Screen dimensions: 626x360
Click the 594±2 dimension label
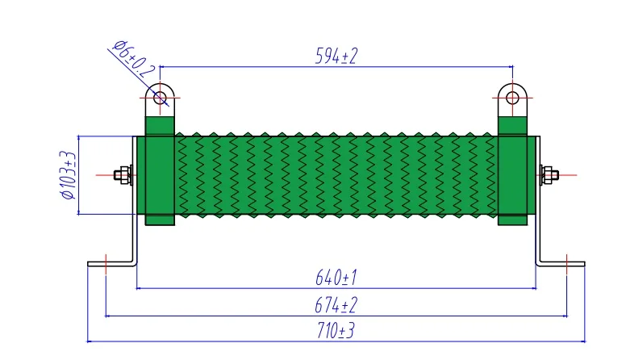336,56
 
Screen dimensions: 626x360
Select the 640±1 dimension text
336,278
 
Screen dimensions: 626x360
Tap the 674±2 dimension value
336,305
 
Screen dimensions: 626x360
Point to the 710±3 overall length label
336,331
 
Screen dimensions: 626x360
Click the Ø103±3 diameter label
68,174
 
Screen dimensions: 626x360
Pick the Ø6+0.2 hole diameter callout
134,59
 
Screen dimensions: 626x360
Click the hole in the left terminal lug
160,98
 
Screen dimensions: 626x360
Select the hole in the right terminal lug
512,98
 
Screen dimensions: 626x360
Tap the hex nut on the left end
123,175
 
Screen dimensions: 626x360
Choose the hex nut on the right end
549,175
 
